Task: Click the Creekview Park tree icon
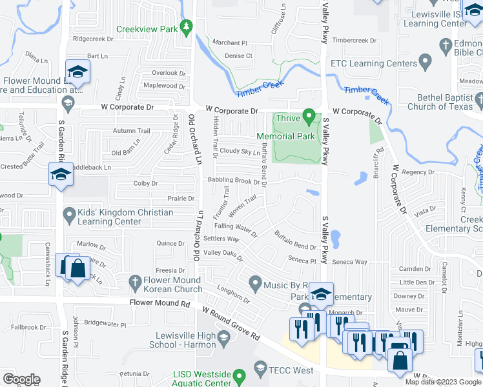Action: coord(187,26)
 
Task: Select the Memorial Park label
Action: coord(285,136)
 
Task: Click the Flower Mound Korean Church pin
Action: coord(134,281)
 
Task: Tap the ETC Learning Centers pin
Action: coord(424,63)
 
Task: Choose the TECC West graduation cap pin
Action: coord(260,369)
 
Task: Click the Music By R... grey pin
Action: coord(256,283)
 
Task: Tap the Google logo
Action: coord(21,379)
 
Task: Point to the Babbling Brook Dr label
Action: coord(238,181)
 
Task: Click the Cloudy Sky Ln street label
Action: coord(240,152)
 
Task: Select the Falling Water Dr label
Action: coord(236,227)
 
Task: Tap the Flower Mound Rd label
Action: coord(159,303)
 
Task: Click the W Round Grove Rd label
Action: coord(230,324)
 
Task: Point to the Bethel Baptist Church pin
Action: coord(478,99)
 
